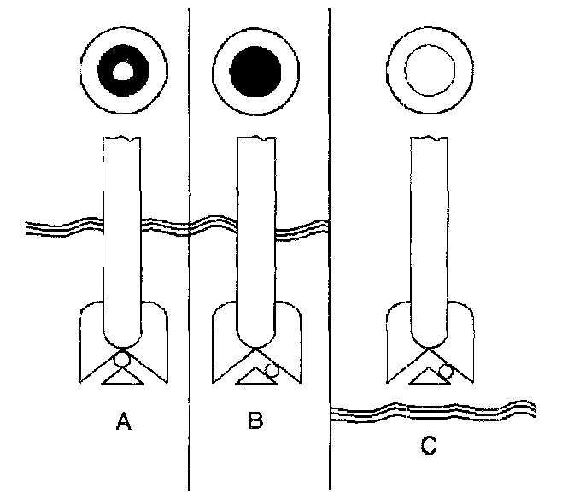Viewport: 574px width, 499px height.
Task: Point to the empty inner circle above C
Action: [428, 72]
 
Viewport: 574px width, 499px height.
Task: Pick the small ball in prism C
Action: [445, 370]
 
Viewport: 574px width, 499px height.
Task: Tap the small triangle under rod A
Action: [122, 375]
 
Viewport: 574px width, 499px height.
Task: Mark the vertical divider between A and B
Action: [188, 171]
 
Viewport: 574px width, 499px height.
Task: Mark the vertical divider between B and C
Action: [331, 171]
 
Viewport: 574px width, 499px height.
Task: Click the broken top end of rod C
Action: [428, 138]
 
